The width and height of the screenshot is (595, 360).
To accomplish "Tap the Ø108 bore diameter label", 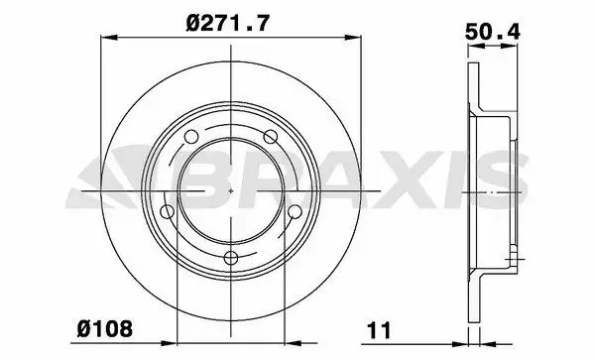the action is click(x=105, y=327).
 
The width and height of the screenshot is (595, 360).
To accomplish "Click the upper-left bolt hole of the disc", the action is click(x=190, y=137).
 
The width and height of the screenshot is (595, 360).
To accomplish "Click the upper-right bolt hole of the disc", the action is click(x=270, y=137).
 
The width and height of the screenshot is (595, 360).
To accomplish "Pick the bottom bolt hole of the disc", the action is click(x=231, y=258).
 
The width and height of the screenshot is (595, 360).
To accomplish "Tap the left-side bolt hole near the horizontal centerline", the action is click(x=168, y=211).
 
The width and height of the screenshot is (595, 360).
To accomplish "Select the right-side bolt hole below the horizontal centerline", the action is click(x=295, y=211).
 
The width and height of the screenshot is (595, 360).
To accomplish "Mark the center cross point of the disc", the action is click(x=231, y=190).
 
